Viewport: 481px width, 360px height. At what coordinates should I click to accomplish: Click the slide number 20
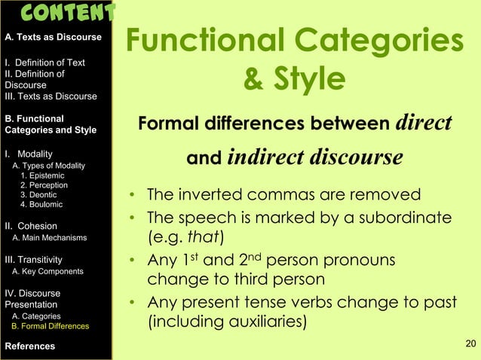[470, 345]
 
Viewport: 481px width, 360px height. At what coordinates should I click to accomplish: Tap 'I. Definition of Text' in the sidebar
[44, 63]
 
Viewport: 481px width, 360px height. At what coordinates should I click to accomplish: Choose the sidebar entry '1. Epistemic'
[44, 175]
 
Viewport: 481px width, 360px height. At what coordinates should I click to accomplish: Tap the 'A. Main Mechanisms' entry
[50, 238]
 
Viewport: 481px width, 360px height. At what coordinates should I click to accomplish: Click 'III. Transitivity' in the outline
[38, 259]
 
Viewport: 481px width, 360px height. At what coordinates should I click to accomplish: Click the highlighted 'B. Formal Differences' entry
[51, 326]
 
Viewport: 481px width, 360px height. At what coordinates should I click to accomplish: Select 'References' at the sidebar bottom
[29, 346]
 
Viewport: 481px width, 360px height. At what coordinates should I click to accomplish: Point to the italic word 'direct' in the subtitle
[423, 122]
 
